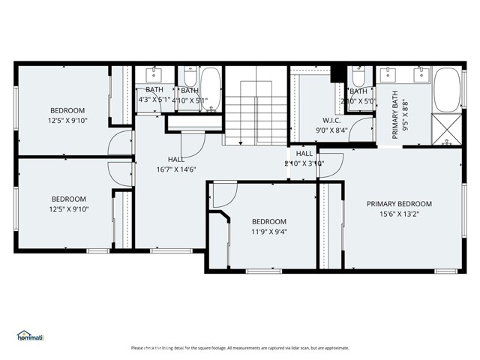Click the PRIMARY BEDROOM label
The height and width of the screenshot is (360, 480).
(399, 203)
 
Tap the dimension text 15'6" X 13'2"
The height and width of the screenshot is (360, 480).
(399, 213)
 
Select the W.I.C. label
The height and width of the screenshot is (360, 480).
(332, 120)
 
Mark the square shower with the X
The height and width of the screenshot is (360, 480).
(448, 130)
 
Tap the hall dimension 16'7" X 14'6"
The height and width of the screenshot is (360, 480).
(176, 169)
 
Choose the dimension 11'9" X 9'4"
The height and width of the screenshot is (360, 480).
(268, 231)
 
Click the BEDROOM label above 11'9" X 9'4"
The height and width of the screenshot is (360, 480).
(268, 221)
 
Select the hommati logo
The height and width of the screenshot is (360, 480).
(31, 336)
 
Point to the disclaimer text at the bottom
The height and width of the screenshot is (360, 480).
(240, 348)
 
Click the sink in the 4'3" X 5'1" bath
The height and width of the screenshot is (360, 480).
(155, 76)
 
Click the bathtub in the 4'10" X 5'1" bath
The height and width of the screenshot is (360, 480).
(210, 88)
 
